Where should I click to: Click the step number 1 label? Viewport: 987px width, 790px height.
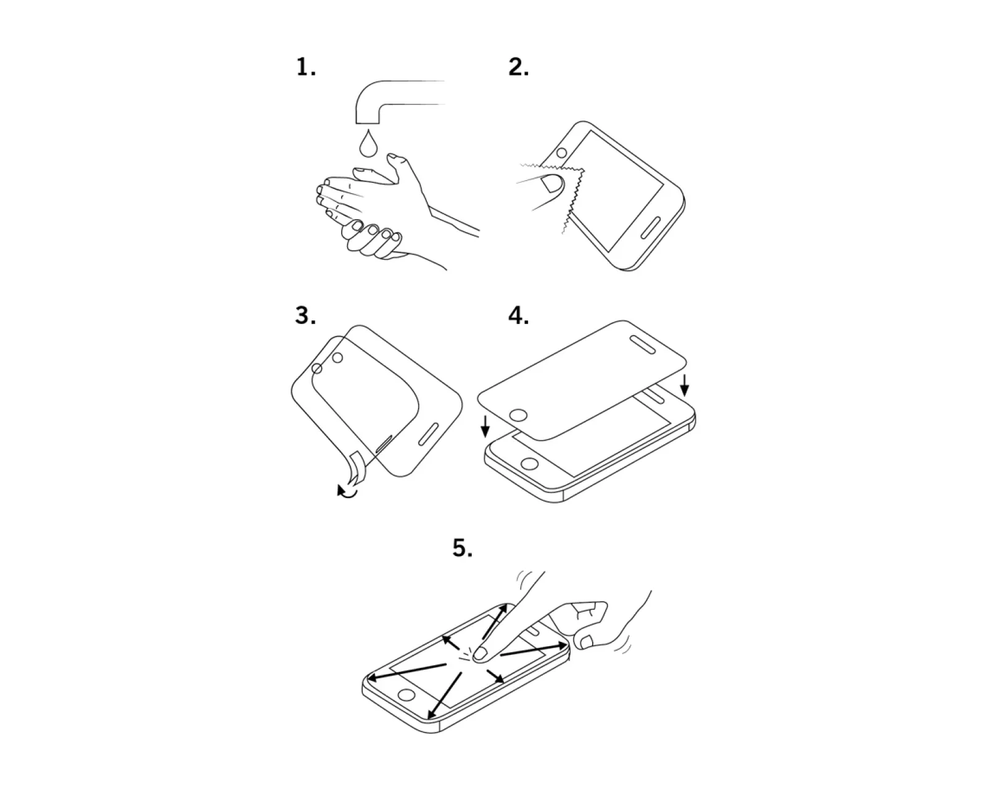pos(306,67)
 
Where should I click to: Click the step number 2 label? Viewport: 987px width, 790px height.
pos(518,67)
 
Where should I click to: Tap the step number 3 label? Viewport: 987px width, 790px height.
pos(305,315)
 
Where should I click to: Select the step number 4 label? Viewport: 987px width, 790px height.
pos(518,315)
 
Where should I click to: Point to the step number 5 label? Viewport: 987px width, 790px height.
pos(462,547)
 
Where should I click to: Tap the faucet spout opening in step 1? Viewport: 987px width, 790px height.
pos(368,123)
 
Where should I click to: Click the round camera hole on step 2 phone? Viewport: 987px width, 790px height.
pos(561,152)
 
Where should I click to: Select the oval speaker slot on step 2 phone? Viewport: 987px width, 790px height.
pos(650,228)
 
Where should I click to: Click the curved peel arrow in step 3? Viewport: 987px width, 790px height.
pos(347,491)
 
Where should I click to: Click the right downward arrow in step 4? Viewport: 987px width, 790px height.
pos(684,385)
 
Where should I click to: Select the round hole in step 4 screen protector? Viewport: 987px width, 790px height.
pos(519,415)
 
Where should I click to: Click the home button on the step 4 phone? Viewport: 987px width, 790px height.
pos(530,463)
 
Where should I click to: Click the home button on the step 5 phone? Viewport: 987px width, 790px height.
pos(407,694)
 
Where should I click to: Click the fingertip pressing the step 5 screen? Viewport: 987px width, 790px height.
pos(480,654)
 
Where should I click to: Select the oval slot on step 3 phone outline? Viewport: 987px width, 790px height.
pos(430,434)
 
